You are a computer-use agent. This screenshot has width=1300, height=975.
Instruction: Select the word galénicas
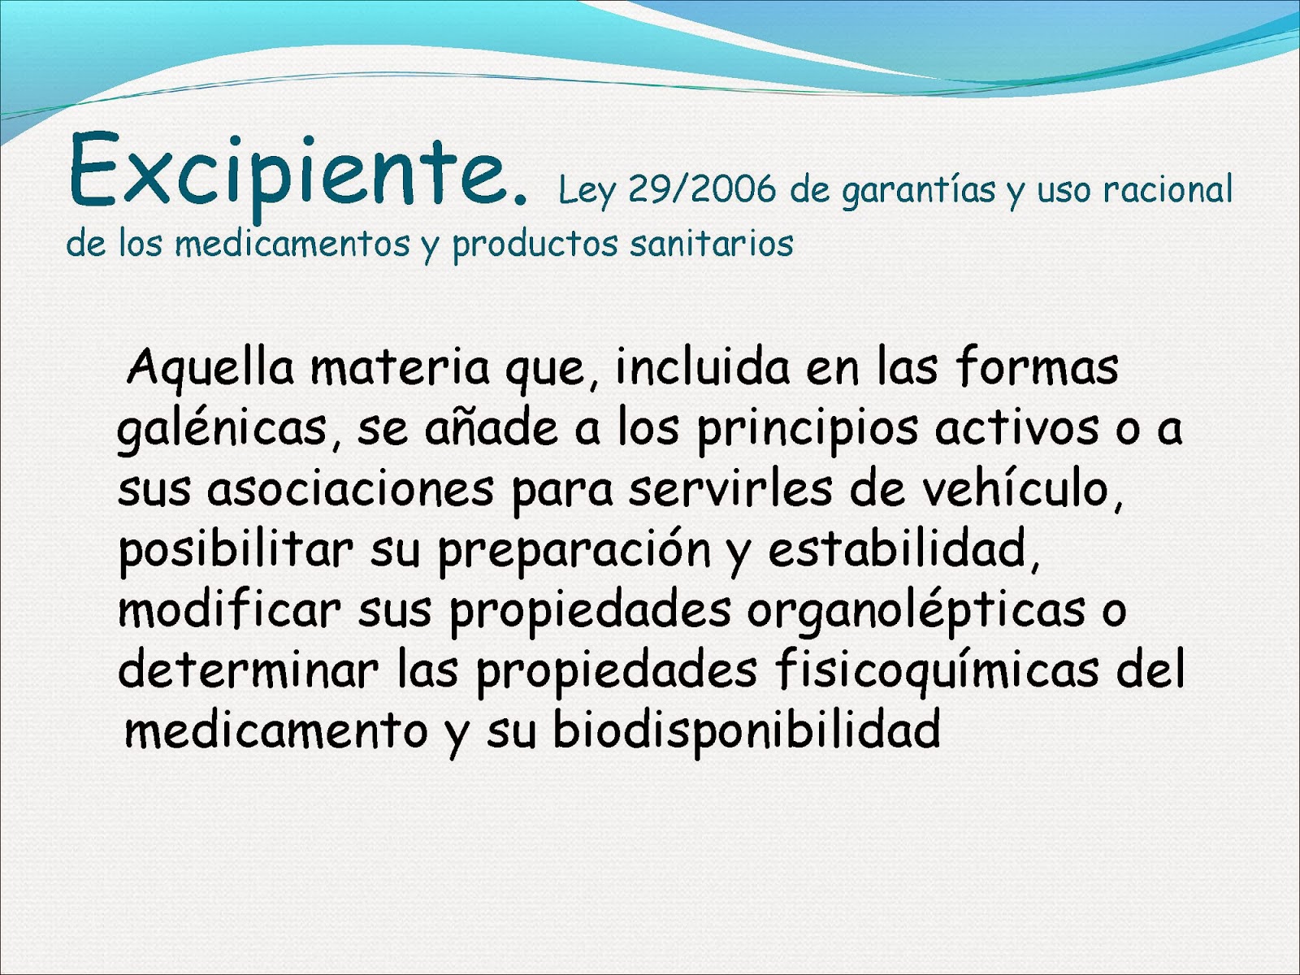click(221, 430)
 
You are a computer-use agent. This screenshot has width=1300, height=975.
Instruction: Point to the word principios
click(808, 430)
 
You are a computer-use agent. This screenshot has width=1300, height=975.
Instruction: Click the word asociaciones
click(350, 489)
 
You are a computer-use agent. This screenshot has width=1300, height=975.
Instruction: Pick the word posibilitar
click(236, 550)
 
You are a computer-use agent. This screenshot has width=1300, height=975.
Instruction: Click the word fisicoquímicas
click(937, 672)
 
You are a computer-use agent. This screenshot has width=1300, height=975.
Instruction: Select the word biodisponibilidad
click(746, 730)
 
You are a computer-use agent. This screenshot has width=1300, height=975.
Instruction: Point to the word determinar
click(249, 671)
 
